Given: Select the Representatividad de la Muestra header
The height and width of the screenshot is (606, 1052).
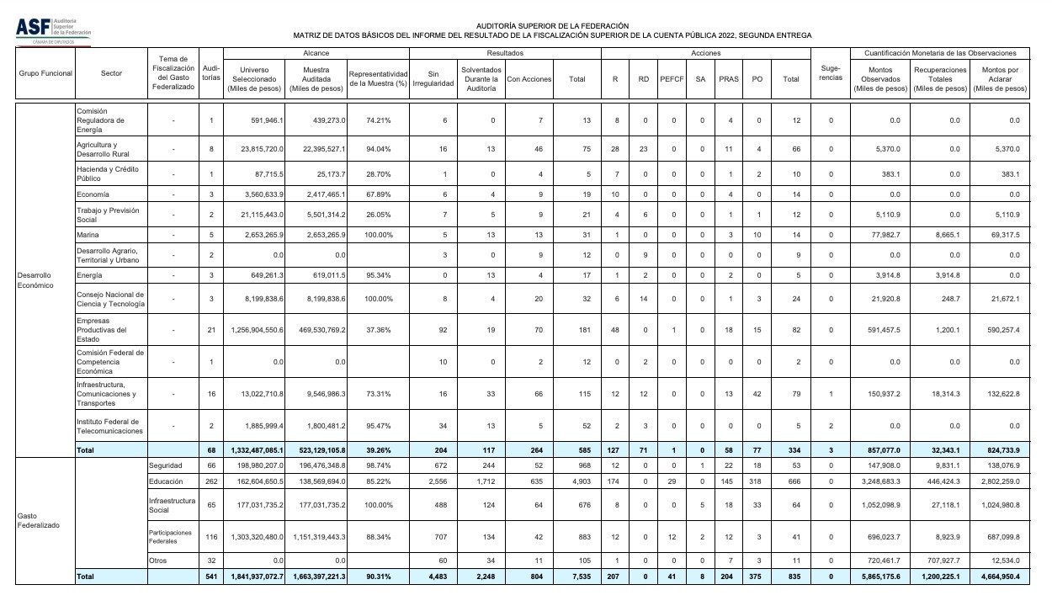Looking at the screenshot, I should pyautogui.click(x=378, y=79).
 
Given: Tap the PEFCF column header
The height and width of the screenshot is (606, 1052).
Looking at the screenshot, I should pyautogui.click(x=672, y=79).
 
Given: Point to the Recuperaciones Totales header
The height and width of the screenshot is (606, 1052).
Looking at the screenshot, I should pyautogui.click(x=939, y=79).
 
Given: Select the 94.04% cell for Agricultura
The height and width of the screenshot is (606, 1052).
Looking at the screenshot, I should pyautogui.click(x=378, y=149).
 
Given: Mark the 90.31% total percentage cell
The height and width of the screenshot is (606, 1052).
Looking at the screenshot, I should pyautogui.click(x=378, y=577).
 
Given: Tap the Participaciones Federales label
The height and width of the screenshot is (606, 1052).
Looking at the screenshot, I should pyautogui.click(x=172, y=536).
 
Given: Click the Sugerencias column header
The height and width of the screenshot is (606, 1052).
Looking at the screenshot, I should pyautogui.click(x=831, y=73).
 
